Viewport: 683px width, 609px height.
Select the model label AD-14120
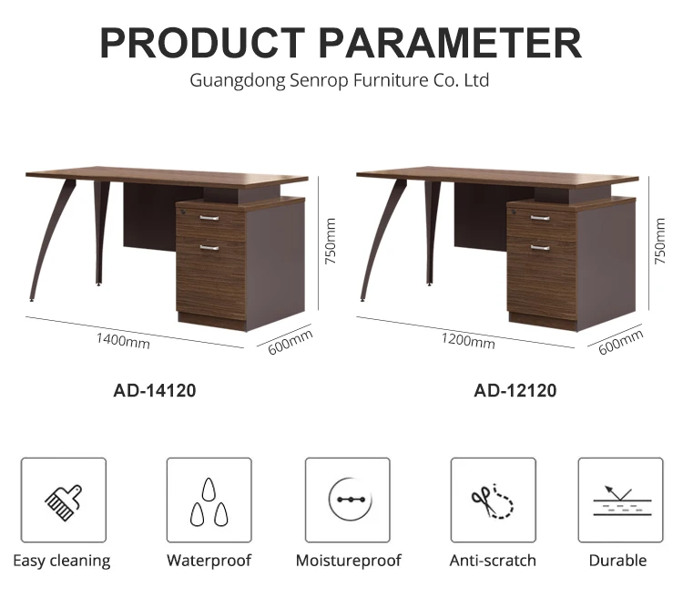(155, 391)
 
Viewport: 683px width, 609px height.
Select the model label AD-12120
(515, 391)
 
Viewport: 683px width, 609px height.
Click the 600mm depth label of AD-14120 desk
(291, 345)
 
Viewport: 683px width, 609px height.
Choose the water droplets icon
(209, 501)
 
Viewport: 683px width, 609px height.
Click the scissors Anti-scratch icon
(493, 501)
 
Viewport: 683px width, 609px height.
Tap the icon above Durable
(620, 501)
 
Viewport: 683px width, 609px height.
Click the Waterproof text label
(209, 561)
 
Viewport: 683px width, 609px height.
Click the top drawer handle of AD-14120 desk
(209, 218)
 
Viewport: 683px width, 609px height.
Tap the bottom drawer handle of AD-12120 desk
(540, 247)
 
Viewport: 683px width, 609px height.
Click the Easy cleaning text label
(62, 561)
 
